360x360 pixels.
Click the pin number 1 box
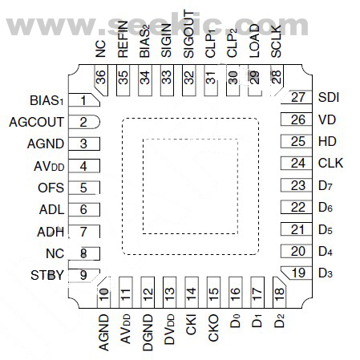pos(83,101)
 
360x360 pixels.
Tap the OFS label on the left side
pos(51,188)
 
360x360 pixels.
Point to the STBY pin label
pos(47,275)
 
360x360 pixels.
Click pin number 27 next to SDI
pos(298,98)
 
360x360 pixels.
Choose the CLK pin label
pos(330,163)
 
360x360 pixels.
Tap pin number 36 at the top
pos(101,76)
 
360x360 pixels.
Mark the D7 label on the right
pos(325,186)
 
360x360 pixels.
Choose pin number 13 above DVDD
pos(169,293)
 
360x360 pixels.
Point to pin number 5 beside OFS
pos(83,188)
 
